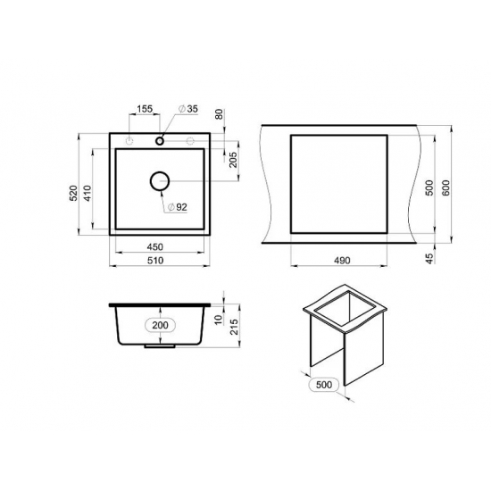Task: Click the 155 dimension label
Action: click(x=145, y=109)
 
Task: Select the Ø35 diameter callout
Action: click(x=188, y=109)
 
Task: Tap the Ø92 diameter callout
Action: click(x=178, y=207)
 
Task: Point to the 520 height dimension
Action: click(x=73, y=193)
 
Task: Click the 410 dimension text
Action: click(x=87, y=193)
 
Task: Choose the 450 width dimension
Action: click(x=155, y=247)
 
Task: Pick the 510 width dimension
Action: click(x=155, y=261)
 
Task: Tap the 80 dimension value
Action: click(x=220, y=114)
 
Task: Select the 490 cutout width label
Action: click(x=342, y=261)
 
